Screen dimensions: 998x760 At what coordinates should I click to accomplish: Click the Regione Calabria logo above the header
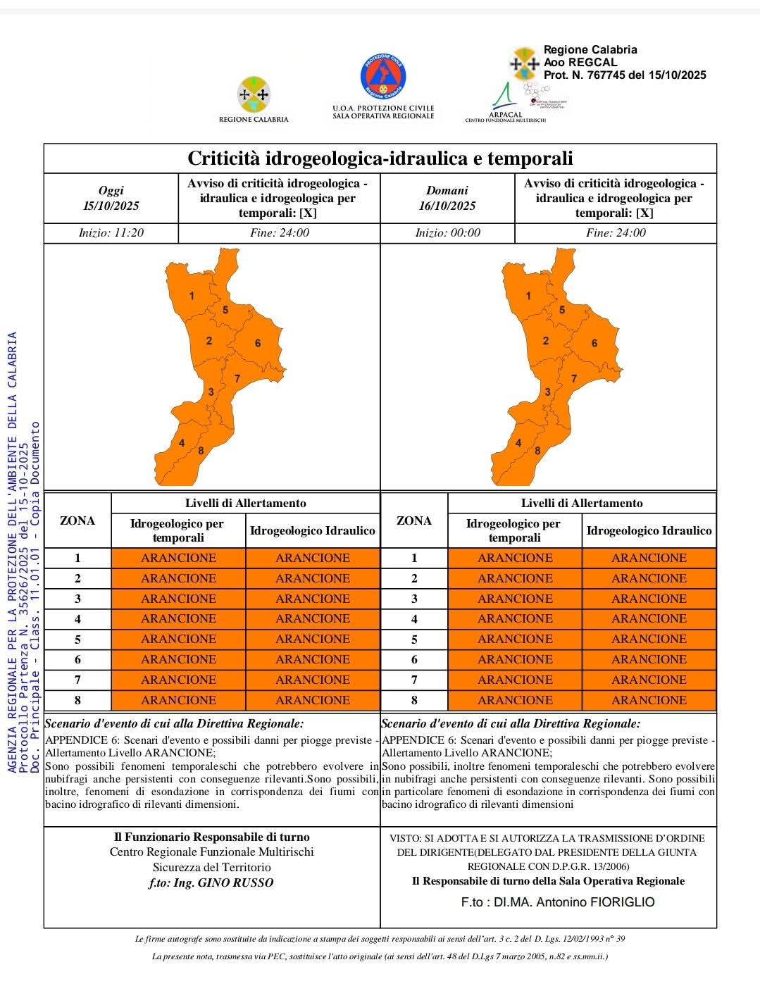click(254, 96)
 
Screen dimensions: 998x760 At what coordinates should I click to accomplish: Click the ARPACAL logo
click(505, 102)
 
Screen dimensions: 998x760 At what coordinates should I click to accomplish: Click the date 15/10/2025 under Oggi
click(111, 206)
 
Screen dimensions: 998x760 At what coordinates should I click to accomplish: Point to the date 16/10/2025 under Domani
click(447, 206)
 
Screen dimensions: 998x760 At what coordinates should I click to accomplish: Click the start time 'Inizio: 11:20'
click(111, 233)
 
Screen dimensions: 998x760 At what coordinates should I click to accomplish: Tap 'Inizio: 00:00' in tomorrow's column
click(447, 233)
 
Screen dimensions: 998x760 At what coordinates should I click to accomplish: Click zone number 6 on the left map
click(258, 343)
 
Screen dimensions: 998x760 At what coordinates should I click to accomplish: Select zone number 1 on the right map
click(528, 296)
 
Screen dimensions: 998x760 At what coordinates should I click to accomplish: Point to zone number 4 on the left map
click(182, 443)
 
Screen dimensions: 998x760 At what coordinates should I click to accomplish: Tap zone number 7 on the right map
click(574, 379)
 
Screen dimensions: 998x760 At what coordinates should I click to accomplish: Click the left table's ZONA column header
click(77, 520)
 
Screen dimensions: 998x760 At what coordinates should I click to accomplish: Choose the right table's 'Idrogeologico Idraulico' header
click(649, 531)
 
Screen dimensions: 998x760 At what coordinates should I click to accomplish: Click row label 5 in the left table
click(77, 639)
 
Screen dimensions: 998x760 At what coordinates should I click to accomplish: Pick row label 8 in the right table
click(414, 700)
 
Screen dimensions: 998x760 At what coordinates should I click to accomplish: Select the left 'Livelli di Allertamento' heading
click(245, 503)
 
